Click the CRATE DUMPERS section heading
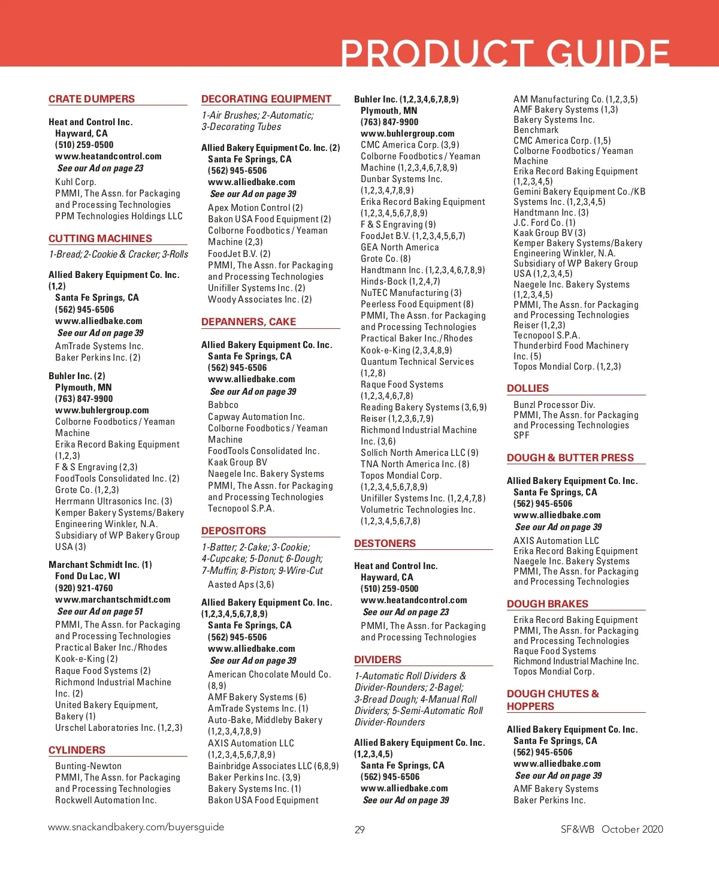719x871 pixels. pos(92,99)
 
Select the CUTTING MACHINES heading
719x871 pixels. pos(100,238)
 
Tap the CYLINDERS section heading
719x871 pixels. pos(77,750)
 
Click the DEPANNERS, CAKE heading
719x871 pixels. pos(249,322)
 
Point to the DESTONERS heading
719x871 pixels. pos(385,543)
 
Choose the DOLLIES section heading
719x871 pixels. pos(528,388)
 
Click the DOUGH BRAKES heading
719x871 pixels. pos(548,604)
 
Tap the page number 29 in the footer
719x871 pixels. pos(359,830)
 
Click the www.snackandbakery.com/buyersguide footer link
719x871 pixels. pos(136,827)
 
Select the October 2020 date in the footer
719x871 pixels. pos(632,829)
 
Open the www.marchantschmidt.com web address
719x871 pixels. pos(113,600)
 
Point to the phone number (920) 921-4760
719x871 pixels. pos(84,588)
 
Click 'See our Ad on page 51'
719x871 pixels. pos(100,612)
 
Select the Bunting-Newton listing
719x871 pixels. pos(88,766)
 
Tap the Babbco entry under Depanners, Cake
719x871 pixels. pos(223,405)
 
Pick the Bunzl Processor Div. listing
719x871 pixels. pos(554,405)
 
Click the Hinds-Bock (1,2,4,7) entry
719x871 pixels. pos(400,282)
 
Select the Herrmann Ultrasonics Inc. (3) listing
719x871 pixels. pos(113,501)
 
